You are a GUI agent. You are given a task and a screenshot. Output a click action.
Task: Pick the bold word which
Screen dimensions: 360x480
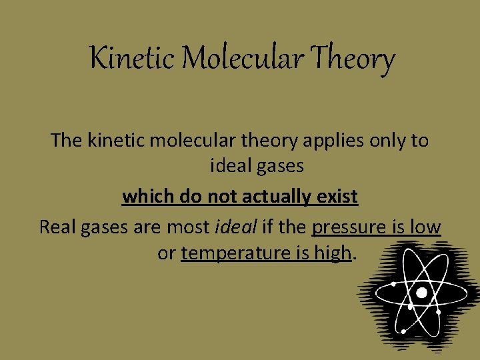pos(145,197)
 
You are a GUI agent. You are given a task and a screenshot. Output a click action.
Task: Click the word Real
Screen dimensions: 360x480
pos(57,227)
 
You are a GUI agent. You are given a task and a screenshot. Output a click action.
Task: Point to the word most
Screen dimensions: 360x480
pos(189,227)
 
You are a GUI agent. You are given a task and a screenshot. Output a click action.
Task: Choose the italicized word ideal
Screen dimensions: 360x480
pos(236,227)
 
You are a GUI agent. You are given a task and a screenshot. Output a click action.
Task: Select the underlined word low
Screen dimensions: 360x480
pos(425,227)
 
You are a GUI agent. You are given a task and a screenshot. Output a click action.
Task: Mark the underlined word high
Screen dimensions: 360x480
pos(333,254)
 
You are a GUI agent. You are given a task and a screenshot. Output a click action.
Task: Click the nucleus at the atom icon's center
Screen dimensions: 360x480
pos(421,293)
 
